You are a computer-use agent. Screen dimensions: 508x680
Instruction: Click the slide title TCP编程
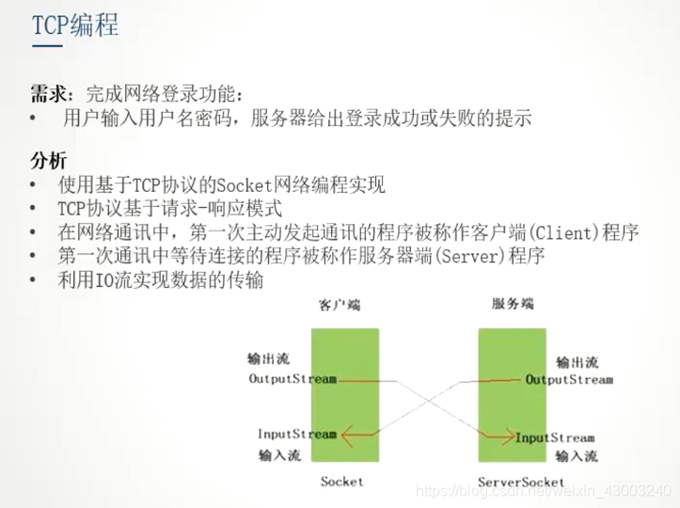click(x=75, y=25)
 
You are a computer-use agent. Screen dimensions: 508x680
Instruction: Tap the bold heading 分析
click(x=48, y=159)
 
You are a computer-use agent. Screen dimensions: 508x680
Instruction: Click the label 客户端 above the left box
click(x=340, y=305)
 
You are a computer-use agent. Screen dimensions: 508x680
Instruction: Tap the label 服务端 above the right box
click(x=514, y=305)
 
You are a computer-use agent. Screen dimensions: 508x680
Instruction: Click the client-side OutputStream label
click(x=292, y=379)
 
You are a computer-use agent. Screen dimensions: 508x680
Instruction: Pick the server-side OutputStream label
click(x=568, y=380)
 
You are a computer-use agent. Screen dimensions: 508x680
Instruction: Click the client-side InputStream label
click(x=296, y=434)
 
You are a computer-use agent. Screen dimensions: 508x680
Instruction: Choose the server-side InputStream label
click(x=555, y=437)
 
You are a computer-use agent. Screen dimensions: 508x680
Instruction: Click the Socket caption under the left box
click(x=340, y=482)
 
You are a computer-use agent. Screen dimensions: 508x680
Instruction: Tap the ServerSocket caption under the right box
click(x=520, y=482)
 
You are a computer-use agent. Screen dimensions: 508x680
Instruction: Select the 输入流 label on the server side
click(x=576, y=457)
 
